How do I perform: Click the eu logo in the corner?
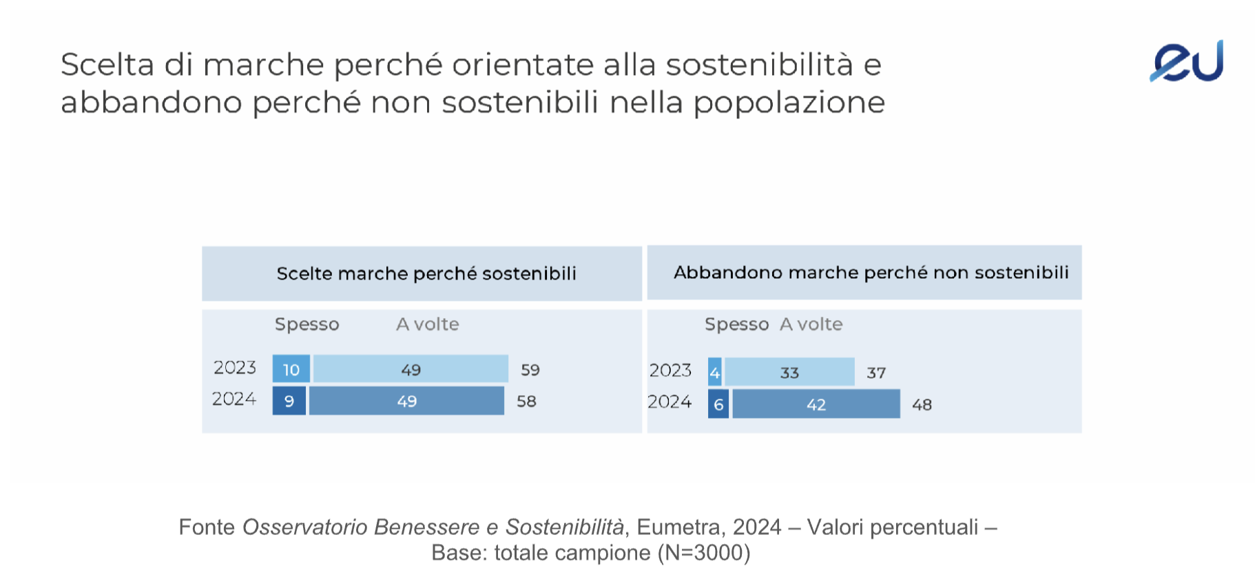(x=1186, y=62)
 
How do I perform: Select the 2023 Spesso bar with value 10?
(x=291, y=369)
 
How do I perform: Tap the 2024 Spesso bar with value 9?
(x=289, y=401)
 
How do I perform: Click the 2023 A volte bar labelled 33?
(x=789, y=373)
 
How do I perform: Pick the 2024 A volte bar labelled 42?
(x=816, y=404)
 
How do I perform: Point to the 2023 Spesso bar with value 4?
(x=715, y=373)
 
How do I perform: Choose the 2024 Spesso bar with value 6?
(x=718, y=404)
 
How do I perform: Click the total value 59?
(x=530, y=370)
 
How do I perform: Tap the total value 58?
(x=526, y=401)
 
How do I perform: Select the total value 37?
(x=875, y=373)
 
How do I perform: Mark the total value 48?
(x=922, y=405)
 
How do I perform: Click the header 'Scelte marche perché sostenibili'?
(x=426, y=273)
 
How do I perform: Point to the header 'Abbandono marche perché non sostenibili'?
(x=871, y=273)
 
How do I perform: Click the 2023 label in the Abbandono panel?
(x=670, y=370)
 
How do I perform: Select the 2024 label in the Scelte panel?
(x=234, y=399)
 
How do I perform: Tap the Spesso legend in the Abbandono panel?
(x=736, y=324)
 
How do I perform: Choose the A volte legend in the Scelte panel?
(x=427, y=324)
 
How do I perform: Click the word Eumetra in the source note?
(x=678, y=527)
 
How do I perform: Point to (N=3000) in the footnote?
(x=704, y=553)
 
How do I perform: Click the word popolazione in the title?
(x=789, y=103)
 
